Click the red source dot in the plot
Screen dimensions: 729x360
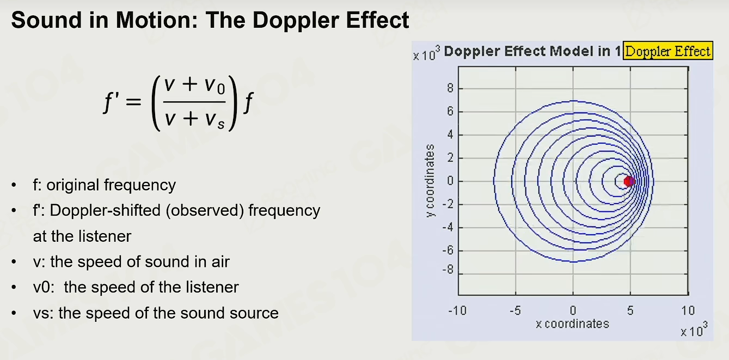[x=629, y=181]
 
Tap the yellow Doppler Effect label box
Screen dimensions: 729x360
[x=668, y=51]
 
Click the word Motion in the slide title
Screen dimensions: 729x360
[x=157, y=20]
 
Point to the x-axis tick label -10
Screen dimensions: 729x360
[x=457, y=310]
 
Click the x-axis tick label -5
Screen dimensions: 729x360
[x=515, y=310]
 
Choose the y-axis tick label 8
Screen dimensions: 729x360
[x=450, y=88]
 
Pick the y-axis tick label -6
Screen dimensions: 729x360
[x=448, y=251]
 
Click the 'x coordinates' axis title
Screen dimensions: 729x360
[x=572, y=324]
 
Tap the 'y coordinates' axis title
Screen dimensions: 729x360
[x=430, y=181]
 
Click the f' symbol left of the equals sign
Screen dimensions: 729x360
[x=111, y=101]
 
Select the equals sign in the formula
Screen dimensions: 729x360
[x=133, y=102]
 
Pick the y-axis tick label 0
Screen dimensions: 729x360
[x=450, y=181]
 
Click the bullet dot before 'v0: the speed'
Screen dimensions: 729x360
[x=14, y=288]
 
